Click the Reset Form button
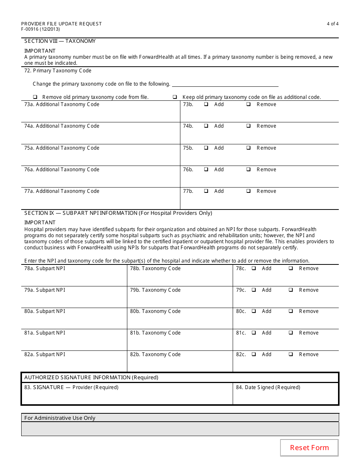click(309, 448)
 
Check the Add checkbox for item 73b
click(206, 104)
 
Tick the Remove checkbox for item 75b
click(249, 148)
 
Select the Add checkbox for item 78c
click(254, 268)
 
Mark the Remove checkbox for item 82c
click(291, 354)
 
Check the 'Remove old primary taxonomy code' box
click(35, 97)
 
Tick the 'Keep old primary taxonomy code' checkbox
click(175, 97)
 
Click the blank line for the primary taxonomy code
click(225, 84)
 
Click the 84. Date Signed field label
click(268, 387)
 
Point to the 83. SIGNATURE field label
click(71, 387)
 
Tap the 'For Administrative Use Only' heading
click(60, 418)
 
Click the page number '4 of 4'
click(332, 24)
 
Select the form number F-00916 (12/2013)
click(41, 29)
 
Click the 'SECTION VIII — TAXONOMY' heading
click(60, 41)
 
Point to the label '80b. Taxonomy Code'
click(155, 311)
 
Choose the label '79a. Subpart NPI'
click(45, 290)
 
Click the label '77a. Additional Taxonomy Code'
click(62, 191)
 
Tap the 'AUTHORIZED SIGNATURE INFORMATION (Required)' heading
click(91, 377)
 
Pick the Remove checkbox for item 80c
click(291, 311)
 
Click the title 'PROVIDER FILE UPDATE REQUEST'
click(61, 24)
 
